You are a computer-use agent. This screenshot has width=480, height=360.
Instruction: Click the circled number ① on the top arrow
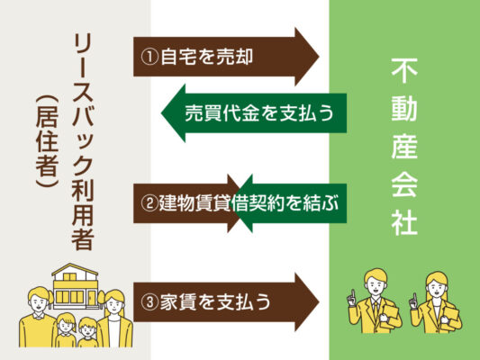149,57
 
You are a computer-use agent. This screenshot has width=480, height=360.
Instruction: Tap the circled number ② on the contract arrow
149,203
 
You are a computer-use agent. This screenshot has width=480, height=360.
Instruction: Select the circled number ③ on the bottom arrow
149,302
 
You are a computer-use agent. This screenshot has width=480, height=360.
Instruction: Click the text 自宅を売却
206,57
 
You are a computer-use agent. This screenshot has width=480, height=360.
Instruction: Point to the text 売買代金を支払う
259,113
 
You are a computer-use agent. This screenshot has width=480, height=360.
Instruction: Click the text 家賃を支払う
215,302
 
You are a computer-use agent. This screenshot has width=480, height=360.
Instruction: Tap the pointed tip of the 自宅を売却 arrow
319,57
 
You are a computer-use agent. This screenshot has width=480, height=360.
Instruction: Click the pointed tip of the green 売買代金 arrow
161,113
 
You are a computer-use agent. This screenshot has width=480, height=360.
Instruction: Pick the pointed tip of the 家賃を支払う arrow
319,302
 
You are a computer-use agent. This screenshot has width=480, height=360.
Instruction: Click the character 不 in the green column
404,71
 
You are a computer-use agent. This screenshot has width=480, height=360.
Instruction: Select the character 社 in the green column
404,221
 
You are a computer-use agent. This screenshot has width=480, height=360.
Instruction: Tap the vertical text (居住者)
47,141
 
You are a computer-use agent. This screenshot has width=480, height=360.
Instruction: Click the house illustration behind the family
75,286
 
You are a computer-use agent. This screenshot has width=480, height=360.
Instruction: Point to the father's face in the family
39,302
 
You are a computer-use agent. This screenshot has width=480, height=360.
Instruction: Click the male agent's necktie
376,309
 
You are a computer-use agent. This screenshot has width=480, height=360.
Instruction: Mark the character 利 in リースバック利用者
83,190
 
